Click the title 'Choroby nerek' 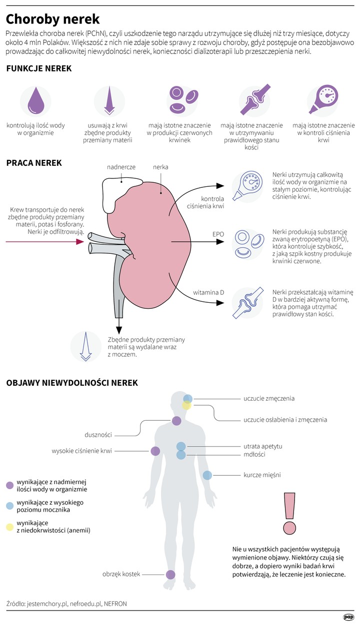point(52,19)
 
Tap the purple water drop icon point(35,101)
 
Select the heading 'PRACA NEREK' point(34,163)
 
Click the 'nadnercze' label point(121,167)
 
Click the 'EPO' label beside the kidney point(218,234)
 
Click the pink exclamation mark point(288,512)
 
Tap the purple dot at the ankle point(170,575)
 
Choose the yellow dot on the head point(186,406)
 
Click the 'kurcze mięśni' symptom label point(262,475)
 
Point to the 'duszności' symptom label point(97,434)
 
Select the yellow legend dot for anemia point(9,526)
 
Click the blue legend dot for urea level point(9,506)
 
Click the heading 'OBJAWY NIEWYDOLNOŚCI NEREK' point(72,383)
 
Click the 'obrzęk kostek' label point(121,574)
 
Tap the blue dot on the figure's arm point(207,475)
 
